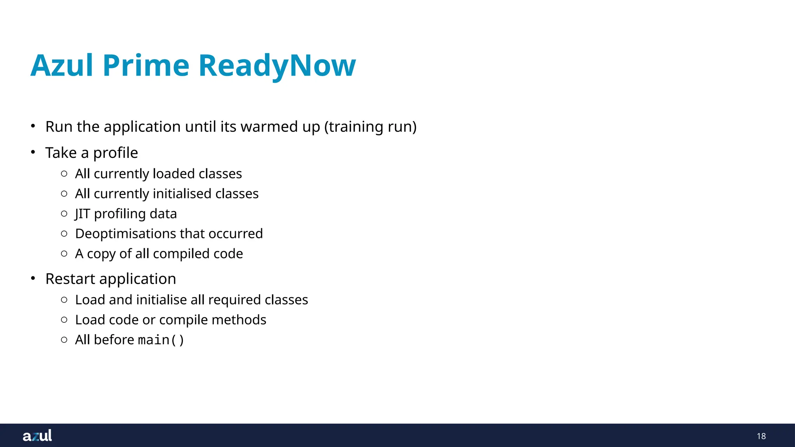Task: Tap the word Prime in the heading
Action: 146,65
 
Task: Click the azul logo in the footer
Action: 37,436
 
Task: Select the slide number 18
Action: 761,436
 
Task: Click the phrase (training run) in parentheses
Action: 370,127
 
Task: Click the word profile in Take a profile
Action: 115,153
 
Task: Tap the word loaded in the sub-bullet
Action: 174,174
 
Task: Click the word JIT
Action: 82,214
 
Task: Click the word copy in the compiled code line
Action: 101,254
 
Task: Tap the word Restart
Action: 70,279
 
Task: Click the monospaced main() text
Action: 161,340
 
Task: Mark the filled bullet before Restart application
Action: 33,278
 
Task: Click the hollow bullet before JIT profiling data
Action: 64,214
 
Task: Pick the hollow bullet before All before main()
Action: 64,340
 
